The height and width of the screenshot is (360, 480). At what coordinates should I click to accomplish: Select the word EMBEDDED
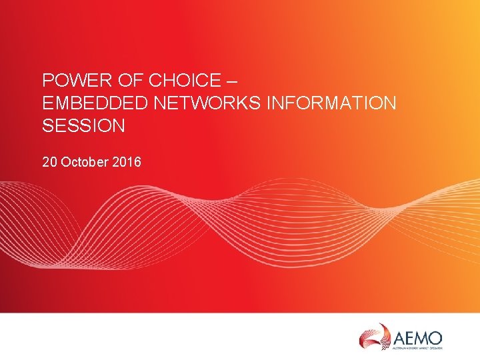84,103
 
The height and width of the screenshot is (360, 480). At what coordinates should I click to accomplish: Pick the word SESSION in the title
83,125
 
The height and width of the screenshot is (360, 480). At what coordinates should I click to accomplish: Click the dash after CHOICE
231,81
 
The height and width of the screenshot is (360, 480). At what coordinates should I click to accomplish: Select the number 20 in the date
49,161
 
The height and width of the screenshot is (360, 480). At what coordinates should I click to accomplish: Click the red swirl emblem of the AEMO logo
375,335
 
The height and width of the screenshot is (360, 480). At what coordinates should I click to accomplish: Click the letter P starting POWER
47,81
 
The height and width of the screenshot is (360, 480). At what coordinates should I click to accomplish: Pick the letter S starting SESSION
47,125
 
